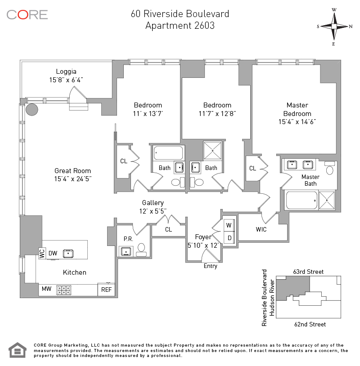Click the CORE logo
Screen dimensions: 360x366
pyautogui.click(x=27, y=14)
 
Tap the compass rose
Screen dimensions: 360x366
pyautogui.click(x=334, y=26)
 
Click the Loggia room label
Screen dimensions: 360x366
pyautogui.click(x=66, y=71)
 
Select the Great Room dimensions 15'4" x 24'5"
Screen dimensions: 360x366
pyautogui.click(x=72, y=179)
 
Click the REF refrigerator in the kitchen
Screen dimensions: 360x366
pyautogui.click(x=106, y=290)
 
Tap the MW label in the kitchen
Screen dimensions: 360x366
pyautogui.click(x=46, y=289)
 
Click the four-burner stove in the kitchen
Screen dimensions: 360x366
pyautogui.click(x=63, y=290)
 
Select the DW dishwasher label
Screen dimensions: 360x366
pyautogui.click(x=53, y=254)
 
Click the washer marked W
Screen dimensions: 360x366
pyautogui.click(x=229, y=225)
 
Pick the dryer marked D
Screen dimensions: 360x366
pyautogui.click(x=229, y=237)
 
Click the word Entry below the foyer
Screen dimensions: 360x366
pyautogui.click(x=210, y=266)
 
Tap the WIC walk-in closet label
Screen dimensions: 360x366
pyautogui.click(x=261, y=229)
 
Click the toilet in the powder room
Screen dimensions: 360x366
pyautogui.click(x=141, y=249)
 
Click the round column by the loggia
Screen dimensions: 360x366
pyautogui.click(x=32, y=110)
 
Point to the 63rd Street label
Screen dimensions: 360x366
pyautogui.click(x=308, y=272)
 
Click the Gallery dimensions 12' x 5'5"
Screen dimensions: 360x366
pyautogui.click(x=153, y=210)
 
